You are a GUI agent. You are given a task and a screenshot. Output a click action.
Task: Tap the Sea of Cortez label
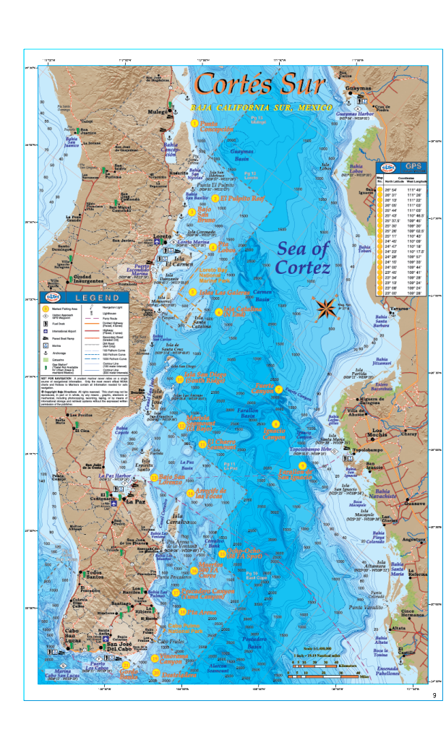tap(303, 258)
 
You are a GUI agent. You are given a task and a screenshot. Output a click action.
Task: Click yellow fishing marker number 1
tap(194, 124)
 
